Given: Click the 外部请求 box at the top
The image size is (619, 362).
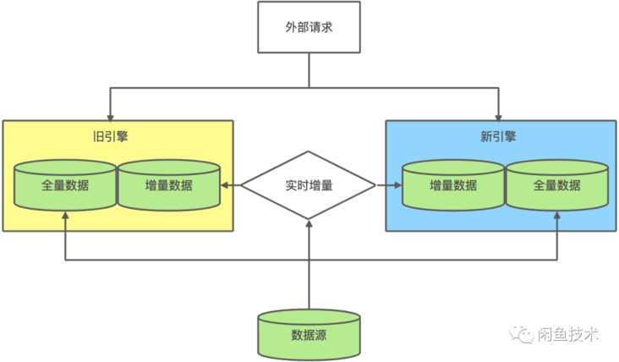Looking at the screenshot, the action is pos(309,27).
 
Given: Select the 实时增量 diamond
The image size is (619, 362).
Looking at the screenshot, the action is pos(309,185).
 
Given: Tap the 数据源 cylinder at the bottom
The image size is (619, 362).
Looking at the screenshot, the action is pos(309,335).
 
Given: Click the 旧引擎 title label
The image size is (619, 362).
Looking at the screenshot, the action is pos(110,136).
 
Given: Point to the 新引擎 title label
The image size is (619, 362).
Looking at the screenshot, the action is pos(498,136).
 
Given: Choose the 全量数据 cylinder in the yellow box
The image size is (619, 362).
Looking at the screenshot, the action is pos(65,185).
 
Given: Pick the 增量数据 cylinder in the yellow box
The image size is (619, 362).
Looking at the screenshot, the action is pos(169,185).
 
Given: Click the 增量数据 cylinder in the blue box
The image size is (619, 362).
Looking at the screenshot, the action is pos(453,185).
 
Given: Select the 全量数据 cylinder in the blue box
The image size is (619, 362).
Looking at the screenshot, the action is pos(557,185).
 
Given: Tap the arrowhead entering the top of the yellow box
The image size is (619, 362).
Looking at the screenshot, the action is pos(110,118).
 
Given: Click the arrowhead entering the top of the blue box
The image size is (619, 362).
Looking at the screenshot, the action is pos(498,118).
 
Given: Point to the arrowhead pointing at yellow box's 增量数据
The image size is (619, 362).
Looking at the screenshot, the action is pos(224,185).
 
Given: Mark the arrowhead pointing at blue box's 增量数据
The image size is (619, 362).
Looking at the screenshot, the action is pos(398,185).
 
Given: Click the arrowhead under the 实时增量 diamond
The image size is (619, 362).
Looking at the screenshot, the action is pos(309,223).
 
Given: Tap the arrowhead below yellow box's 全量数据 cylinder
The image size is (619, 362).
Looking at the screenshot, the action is pos(65,215).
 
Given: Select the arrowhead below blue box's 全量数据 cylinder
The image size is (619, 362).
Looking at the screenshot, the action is pos(557,215).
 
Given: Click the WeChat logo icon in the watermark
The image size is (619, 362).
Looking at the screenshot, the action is pos(521,334).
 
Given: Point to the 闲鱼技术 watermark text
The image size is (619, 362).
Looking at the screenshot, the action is pos(568,334).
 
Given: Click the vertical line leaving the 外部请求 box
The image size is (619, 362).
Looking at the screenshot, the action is pos(309,70).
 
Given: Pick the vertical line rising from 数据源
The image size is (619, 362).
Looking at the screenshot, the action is pos(309,268).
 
